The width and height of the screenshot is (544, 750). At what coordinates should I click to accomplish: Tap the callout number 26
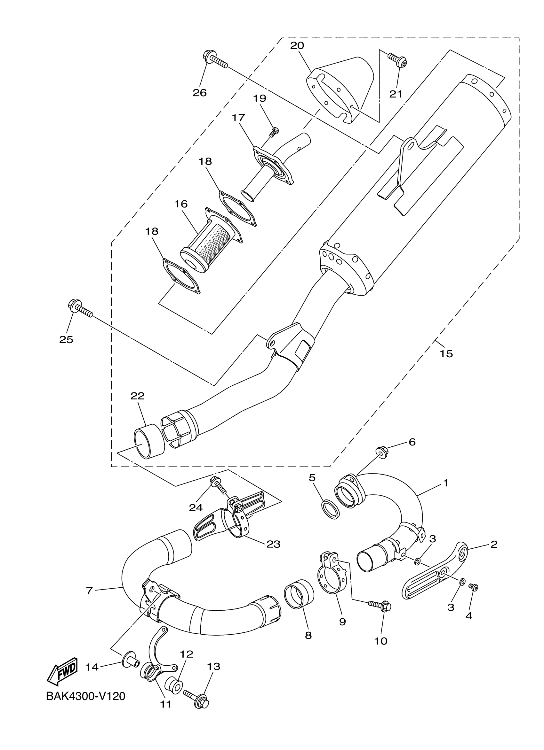tap(200, 93)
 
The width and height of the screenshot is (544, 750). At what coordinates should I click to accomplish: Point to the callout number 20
tap(297, 46)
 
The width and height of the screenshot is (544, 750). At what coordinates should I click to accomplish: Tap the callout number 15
tap(446, 354)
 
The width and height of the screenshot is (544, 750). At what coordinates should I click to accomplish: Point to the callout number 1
tap(445, 483)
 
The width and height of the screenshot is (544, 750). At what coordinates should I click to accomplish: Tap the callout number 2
tap(494, 545)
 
